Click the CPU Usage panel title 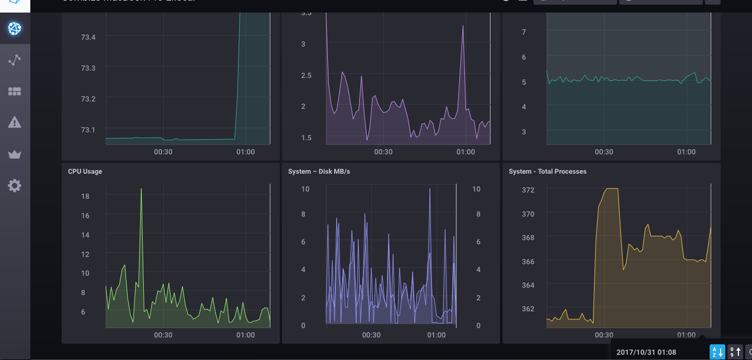coord(85,172)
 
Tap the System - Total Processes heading coord(547,172)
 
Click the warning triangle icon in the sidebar coord(15,122)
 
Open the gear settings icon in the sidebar coord(15,185)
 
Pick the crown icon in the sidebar coord(15,154)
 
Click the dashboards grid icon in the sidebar coord(15,92)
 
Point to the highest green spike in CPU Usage coord(141,189)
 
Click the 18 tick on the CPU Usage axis coord(85,196)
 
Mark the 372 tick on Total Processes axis coord(528,190)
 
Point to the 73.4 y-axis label coord(88,37)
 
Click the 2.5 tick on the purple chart coord(307,75)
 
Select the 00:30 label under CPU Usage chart coord(163,335)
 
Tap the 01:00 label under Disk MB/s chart coord(436,335)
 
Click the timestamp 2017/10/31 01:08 coord(646,352)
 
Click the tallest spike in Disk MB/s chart coord(430,189)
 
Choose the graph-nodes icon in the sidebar coord(15,60)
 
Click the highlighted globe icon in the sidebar coord(15,29)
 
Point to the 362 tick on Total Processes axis coord(528,309)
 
